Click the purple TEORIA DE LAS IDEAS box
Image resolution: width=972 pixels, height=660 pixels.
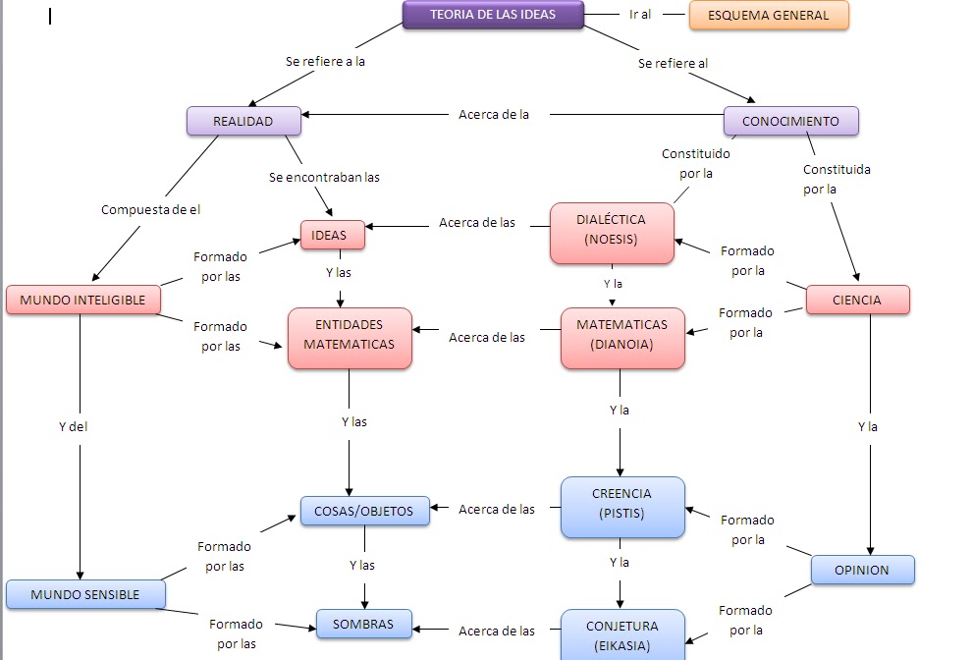coord(493,15)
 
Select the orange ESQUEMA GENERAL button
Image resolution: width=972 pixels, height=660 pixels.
coord(769,16)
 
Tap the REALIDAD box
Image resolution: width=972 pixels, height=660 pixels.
coord(243,122)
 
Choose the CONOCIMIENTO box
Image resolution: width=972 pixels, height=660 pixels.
coord(790,122)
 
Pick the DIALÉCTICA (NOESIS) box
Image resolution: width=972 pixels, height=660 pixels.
coord(612,233)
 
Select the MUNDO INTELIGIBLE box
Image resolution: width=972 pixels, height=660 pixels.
coord(82,301)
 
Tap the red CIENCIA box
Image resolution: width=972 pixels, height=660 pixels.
coord(857,301)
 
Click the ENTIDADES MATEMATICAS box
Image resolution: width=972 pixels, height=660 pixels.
coord(349,338)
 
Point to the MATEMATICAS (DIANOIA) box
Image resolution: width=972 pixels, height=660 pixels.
coord(621,338)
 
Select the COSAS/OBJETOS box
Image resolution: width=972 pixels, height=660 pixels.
coord(364,512)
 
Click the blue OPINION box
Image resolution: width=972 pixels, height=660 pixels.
coord(861,571)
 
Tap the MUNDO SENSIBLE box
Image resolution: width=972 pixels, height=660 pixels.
coord(84,595)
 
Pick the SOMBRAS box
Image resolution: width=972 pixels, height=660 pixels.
coord(362,625)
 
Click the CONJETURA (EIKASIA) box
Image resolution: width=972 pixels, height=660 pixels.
coord(621,635)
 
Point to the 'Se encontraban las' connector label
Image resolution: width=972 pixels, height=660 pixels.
coord(324,178)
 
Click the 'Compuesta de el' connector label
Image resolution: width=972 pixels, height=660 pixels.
coord(150,210)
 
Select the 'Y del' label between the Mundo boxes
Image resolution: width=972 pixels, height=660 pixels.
coord(73,427)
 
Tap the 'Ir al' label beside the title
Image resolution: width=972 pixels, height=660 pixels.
coord(640,15)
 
